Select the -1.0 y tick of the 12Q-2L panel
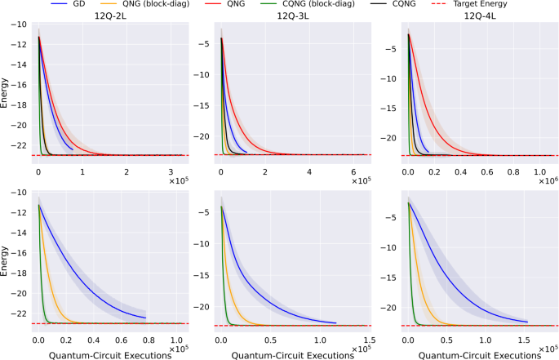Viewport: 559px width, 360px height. pyautogui.click(x=17, y=24)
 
